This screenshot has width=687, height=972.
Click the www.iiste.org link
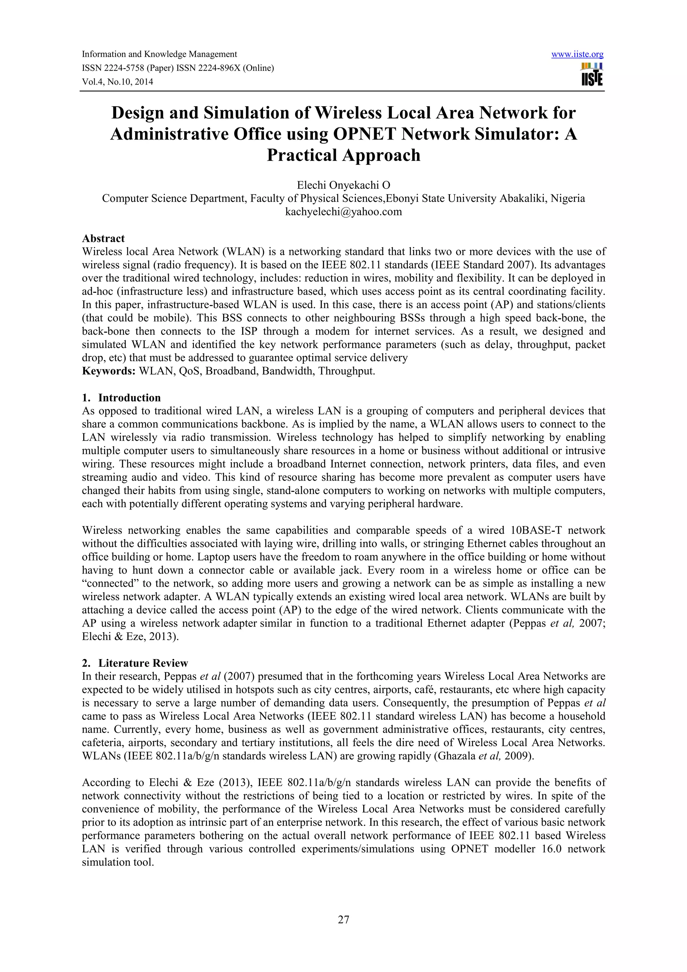pyautogui.click(x=577, y=54)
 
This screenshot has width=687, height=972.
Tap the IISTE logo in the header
pyautogui.click(x=592, y=75)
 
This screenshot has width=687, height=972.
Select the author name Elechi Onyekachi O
pyautogui.click(x=343, y=185)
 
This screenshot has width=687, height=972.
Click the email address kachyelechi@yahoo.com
pyautogui.click(x=343, y=212)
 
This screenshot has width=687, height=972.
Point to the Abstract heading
pyautogui.click(x=103, y=238)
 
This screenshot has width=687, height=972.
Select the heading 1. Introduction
pyautogui.click(x=121, y=397)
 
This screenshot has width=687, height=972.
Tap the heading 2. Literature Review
pyautogui.click(x=135, y=663)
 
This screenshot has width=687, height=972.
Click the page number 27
pyautogui.click(x=343, y=931)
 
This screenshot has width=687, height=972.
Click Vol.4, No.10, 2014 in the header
pyautogui.click(x=117, y=82)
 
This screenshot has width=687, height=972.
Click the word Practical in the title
pyautogui.click(x=302, y=155)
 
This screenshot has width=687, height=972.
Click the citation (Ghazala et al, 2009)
pyautogui.click(x=484, y=756)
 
